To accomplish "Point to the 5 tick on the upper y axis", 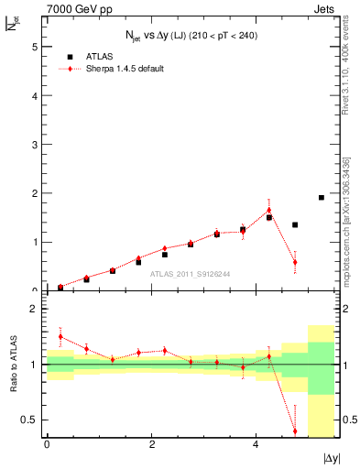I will [37, 46].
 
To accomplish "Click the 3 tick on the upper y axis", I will [37, 144].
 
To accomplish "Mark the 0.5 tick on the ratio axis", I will [31, 420].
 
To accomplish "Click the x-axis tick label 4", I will [255, 447].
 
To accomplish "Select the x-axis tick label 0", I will [47, 447].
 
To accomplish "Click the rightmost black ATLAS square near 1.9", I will [321, 197].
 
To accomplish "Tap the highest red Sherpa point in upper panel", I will [269, 210].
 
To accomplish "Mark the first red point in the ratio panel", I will [60, 336].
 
